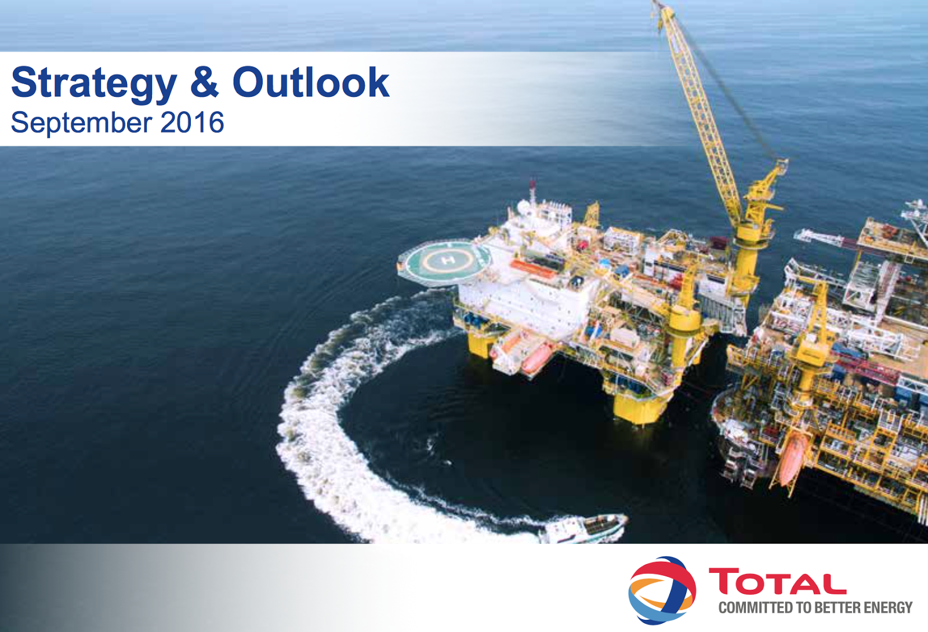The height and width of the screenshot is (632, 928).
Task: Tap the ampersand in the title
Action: tap(204, 82)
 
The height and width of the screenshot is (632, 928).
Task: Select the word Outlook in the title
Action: tap(311, 82)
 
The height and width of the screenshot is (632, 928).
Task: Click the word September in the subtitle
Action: tap(81, 123)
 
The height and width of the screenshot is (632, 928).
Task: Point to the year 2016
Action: tap(192, 122)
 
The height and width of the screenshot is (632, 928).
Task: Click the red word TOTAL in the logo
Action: tap(778, 581)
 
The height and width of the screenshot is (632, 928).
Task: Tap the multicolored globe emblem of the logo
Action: tap(662, 590)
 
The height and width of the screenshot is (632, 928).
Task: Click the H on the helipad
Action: tap(448, 260)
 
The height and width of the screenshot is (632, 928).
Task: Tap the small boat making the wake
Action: tap(583, 528)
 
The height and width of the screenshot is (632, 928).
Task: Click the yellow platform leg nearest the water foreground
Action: tap(640, 408)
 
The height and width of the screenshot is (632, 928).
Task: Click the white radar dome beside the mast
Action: tap(523, 207)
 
